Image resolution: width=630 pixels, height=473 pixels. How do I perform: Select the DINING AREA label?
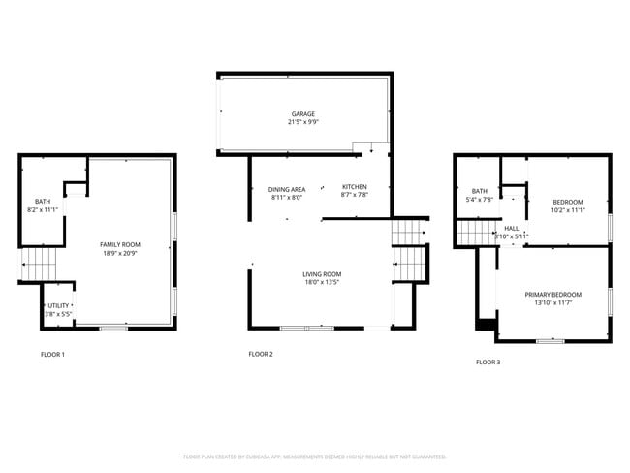pyautogui.click(x=287, y=188)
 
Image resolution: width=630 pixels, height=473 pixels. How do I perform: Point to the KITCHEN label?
pyautogui.click(x=354, y=186)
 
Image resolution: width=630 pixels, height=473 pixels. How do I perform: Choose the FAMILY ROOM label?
pyautogui.click(x=120, y=244)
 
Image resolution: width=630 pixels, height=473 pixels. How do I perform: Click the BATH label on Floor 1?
pyautogui.click(x=43, y=201)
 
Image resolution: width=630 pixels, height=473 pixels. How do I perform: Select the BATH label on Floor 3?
pyautogui.click(x=480, y=191)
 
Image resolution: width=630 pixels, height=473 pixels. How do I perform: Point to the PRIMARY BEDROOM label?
pyautogui.click(x=553, y=295)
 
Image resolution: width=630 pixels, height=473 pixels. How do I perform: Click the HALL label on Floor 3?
pyautogui.click(x=511, y=228)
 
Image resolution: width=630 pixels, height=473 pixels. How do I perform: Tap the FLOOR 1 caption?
pyautogui.click(x=52, y=355)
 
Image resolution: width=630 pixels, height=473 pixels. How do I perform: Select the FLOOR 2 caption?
pyautogui.click(x=261, y=355)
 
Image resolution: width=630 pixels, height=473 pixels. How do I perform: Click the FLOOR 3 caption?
pyautogui.click(x=488, y=363)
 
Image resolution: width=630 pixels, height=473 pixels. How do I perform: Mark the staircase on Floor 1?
pyautogui.click(x=40, y=262)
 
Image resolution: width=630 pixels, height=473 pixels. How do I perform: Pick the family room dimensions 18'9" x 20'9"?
pyautogui.click(x=120, y=253)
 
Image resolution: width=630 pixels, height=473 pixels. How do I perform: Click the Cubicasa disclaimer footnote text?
pyautogui.click(x=315, y=456)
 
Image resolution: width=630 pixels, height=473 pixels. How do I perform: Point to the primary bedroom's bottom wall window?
pyautogui.click(x=550, y=341)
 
